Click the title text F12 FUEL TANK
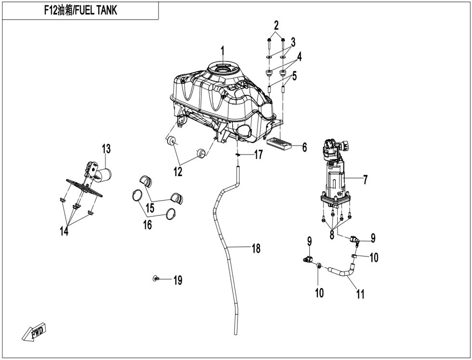[x=80, y=11]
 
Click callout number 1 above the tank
[x=223, y=51]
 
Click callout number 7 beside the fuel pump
[x=365, y=180]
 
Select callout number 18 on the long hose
[x=256, y=249]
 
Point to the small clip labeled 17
[x=238, y=154]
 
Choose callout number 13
[x=105, y=149]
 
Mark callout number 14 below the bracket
[x=64, y=231]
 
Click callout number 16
[x=147, y=224]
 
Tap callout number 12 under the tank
[x=178, y=171]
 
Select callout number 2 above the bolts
[x=276, y=25]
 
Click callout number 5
[x=294, y=76]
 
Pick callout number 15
[x=150, y=208]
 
